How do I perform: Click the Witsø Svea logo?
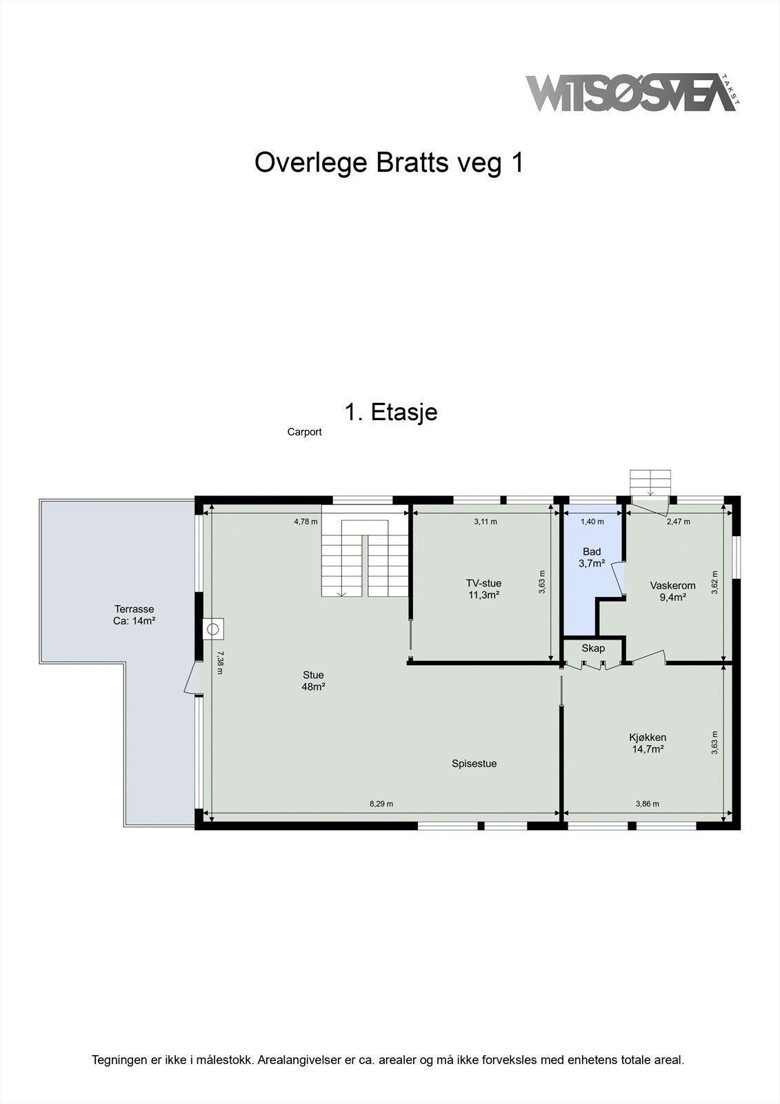pyautogui.click(x=633, y=93)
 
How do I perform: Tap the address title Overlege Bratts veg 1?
pyautogui.click(x=389, y=163)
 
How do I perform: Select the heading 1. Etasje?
pyautogui.click(x=391, y=412)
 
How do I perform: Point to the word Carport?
pyautogui.click(x=305, y=432)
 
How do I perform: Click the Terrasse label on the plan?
pyautogui.click(x=134, y=609)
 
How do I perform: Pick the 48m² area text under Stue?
pyautogui.click(x=313, y=687)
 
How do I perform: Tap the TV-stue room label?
pyautogui.click(x=484, y=583)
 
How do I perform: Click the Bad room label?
pyautogui.click(x=592, y=551)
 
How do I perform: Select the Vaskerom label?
pyautogui.click(x=672, y=586)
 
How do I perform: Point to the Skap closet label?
pyautogui.click(x=593, y=648)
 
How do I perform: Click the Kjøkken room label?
pyautogui.click(x=648, y=738)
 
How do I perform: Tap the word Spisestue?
pyautogui.click(x=474, y=763)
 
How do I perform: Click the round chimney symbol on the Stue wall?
pyautogui.click(x=213, y=629)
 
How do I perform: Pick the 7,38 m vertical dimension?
pyautogui.click(x=220, y=663)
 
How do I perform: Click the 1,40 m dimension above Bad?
pyautogui.click(x=592, y=522)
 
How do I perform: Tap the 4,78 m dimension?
pyautogui.click(x=306, y=522)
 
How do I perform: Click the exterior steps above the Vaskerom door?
pyautogui.click(x=650, y=482)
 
